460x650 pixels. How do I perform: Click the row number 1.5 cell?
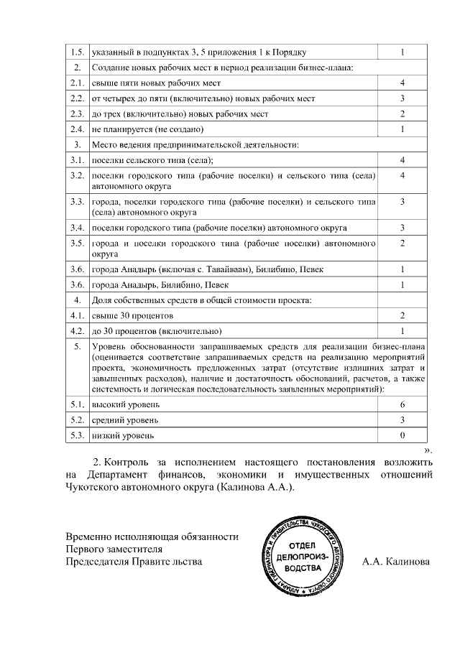(77, 52)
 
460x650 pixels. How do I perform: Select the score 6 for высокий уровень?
(402, 405)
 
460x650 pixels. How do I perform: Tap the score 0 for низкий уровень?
(402, 435)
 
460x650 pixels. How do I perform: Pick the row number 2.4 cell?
(77, 129)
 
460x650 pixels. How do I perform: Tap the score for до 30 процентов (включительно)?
(402, 331)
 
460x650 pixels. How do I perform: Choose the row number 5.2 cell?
(77, 420)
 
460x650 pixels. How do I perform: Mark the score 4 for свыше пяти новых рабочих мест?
(402, 83)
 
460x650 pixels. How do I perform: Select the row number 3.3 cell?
(77, 202)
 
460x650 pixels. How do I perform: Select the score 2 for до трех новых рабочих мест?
(402, 114)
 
